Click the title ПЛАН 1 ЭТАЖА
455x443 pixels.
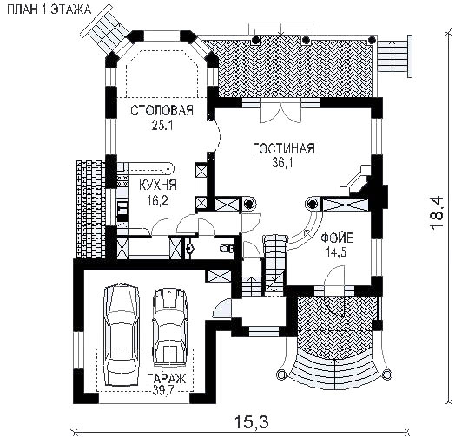pyautogui.click(x=49, y=10)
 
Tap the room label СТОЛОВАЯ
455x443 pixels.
pyautogui.click(x=162, y=110)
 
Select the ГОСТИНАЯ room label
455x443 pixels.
pyautogui.click(x=284, y=148)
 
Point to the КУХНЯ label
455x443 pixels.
pyautogui.click(x=158, y=185)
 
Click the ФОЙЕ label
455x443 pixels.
pyautogui.click(x=337, y=238)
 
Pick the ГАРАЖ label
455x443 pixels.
pyautogui.click(x=166, y=378)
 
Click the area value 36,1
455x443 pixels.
pyautogui.click(x=282, y=163)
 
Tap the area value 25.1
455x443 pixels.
pyautogui.click(x=162, y=125)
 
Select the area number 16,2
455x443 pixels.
pyautogui.click(x=157, y=200)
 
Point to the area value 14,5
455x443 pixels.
pyautogui.click(x=336, y=252)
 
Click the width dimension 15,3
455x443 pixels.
pyautogui.click(x=251, y=422)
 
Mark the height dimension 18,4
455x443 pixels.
pyautogui.click(x=436, y=213)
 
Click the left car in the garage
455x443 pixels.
pyautogui.click(x=122, y=335)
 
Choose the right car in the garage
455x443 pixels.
pyautogui.click(x=169, y=327)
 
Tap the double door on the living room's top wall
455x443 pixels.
pyautogui.click(x=280, y=111)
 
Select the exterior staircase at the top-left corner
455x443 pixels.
pyautogui.click(x=106, y=30)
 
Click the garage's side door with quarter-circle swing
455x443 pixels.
pyautogui.click(x=222, y=309)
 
